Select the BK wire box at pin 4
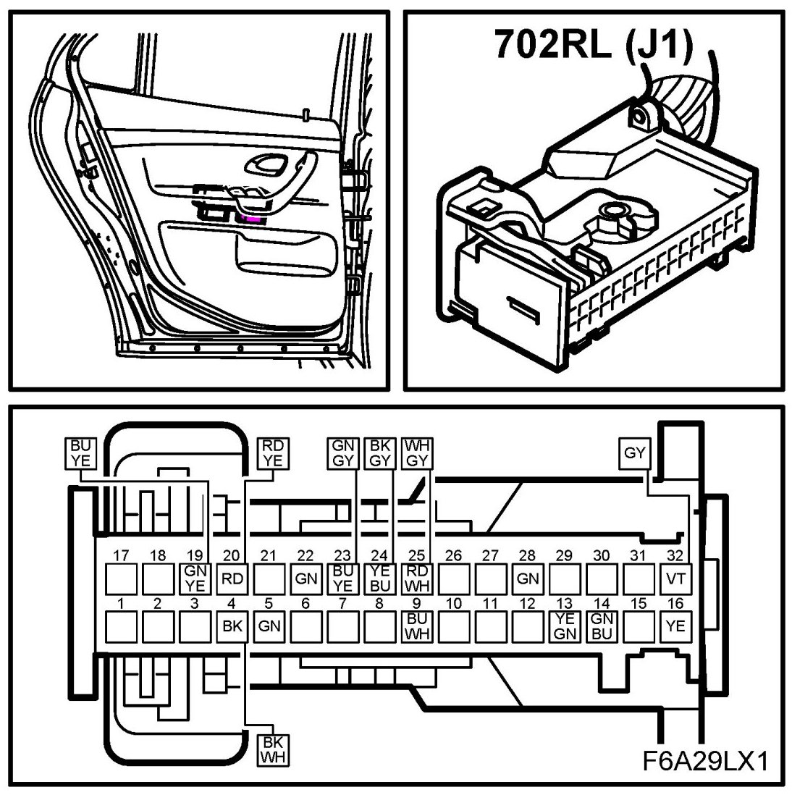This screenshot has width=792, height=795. point(232,626)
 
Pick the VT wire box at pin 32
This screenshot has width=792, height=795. point(675,579)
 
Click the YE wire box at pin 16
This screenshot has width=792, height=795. point(675,626)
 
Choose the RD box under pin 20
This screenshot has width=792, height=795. point(232,579)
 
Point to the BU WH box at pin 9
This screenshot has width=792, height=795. point(416,626)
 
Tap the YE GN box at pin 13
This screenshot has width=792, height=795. point(564,626)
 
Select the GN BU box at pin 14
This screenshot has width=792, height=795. point(601,626)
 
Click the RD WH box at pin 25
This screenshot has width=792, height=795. point(416,579)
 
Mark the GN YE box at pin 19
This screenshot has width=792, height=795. point(195,579)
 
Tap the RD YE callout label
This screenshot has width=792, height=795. point(273,453)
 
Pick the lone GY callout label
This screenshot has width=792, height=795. point(635,454)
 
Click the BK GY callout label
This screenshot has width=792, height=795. point(379,453)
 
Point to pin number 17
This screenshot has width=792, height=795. point(121,556)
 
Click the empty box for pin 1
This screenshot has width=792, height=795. point(121,626)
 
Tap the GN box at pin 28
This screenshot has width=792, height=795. point(527,579)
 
